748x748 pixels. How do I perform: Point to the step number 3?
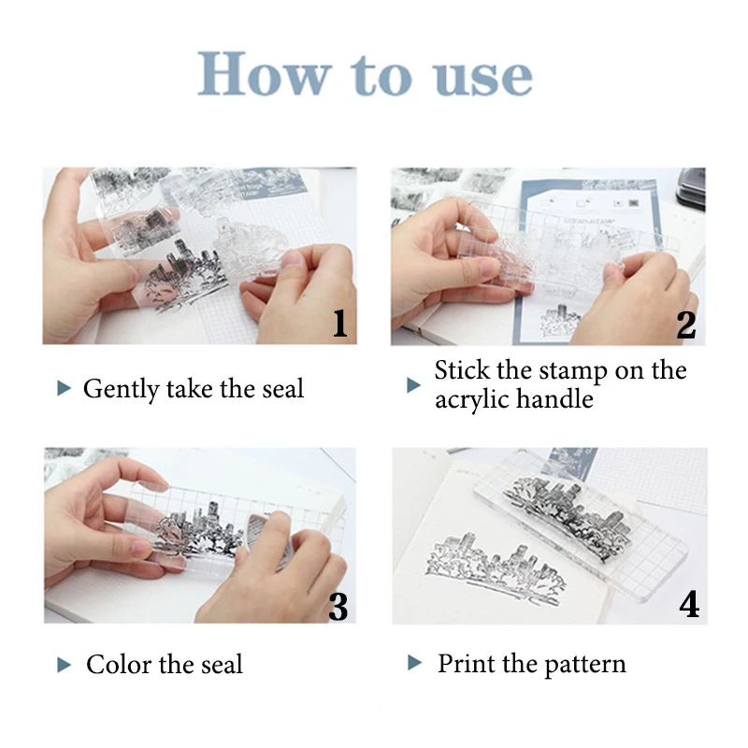[338, 607]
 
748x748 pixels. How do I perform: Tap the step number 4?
[688, 605]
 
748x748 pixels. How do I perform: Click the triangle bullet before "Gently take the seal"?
[64, 388]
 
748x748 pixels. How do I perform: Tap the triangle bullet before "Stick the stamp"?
[413, 384]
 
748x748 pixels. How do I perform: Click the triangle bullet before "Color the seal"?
[64, 665]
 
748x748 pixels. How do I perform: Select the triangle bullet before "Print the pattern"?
[415, 664]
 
